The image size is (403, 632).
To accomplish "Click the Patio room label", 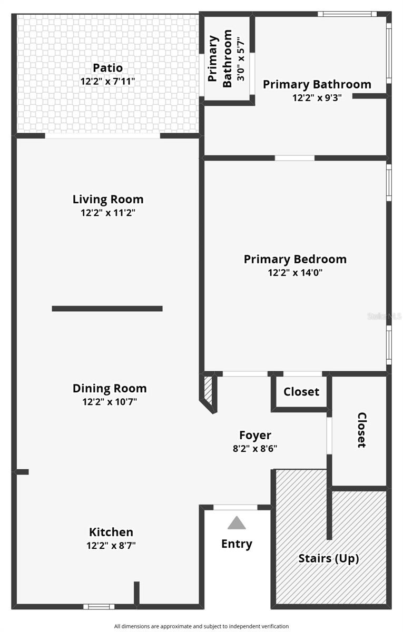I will tap(108, 68).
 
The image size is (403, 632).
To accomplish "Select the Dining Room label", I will tap(110, 389).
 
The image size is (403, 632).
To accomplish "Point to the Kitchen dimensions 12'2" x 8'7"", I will tap(111, 546).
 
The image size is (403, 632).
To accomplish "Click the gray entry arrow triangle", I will tap(237, 523).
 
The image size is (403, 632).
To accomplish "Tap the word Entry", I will tap(237, 544).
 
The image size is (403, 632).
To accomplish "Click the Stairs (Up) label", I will tap(329, 558).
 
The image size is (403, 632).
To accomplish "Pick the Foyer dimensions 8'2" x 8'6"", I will tap(255, 449).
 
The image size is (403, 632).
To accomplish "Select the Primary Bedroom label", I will tap(295, 259).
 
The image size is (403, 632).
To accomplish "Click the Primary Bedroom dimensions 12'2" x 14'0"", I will tap(295, 273).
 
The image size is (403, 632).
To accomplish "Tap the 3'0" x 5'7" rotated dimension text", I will tap(241, 58).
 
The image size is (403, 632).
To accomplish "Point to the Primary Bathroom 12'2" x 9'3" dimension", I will tap(317, 97).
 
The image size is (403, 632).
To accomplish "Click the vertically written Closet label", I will tap(361, 430).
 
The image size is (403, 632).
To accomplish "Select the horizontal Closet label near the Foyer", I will tap(301, 392).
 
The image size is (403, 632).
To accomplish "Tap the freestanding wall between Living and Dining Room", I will tap(107, 309).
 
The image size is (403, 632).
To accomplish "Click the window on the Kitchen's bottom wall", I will tap(99, 606).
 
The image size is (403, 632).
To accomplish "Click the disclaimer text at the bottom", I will tap(201, 626).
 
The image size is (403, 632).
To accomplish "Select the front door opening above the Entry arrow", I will tap(235, 507).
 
